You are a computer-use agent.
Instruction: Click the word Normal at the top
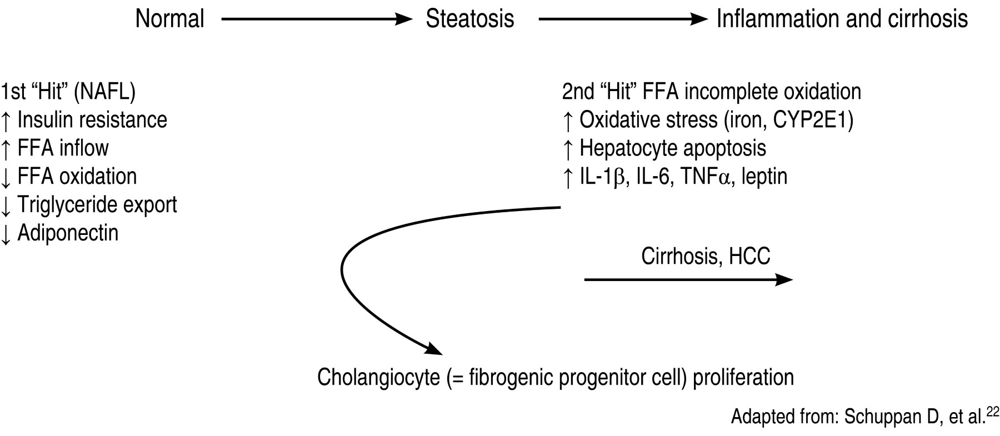(x=170, y=19)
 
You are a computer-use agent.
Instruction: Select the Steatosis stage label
(x=469, y=19)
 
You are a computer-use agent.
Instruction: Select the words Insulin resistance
(x=92, y=120)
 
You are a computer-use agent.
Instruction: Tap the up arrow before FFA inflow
(x=6, y=149)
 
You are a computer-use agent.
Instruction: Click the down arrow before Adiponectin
(x=6, y=233)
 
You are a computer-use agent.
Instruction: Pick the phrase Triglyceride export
(x=97, y=204)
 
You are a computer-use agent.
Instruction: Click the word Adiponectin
(x=68, y=233)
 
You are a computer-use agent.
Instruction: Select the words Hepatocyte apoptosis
(x=673, y=148)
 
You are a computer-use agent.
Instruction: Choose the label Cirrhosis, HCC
(x=706, y=256)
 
